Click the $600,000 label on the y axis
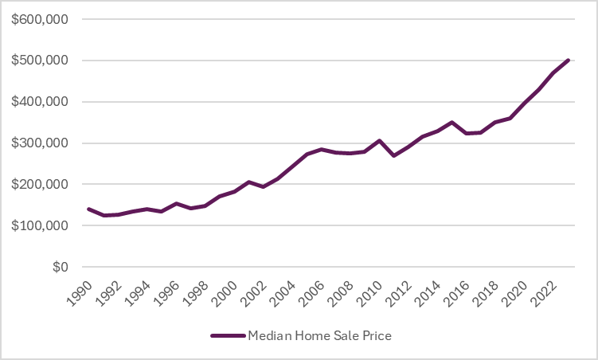coord(40,19)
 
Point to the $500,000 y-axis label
coord(40,61)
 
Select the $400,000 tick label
coord(40,102)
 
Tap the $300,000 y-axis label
coord(40,143)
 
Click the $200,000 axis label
coord(40,185)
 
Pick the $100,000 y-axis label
coord(40,226)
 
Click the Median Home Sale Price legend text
coord(319,336)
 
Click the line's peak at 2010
coord(380,141)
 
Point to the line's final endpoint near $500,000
coord(568,60)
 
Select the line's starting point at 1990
coord(88,209)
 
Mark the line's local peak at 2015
coord(452,123)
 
